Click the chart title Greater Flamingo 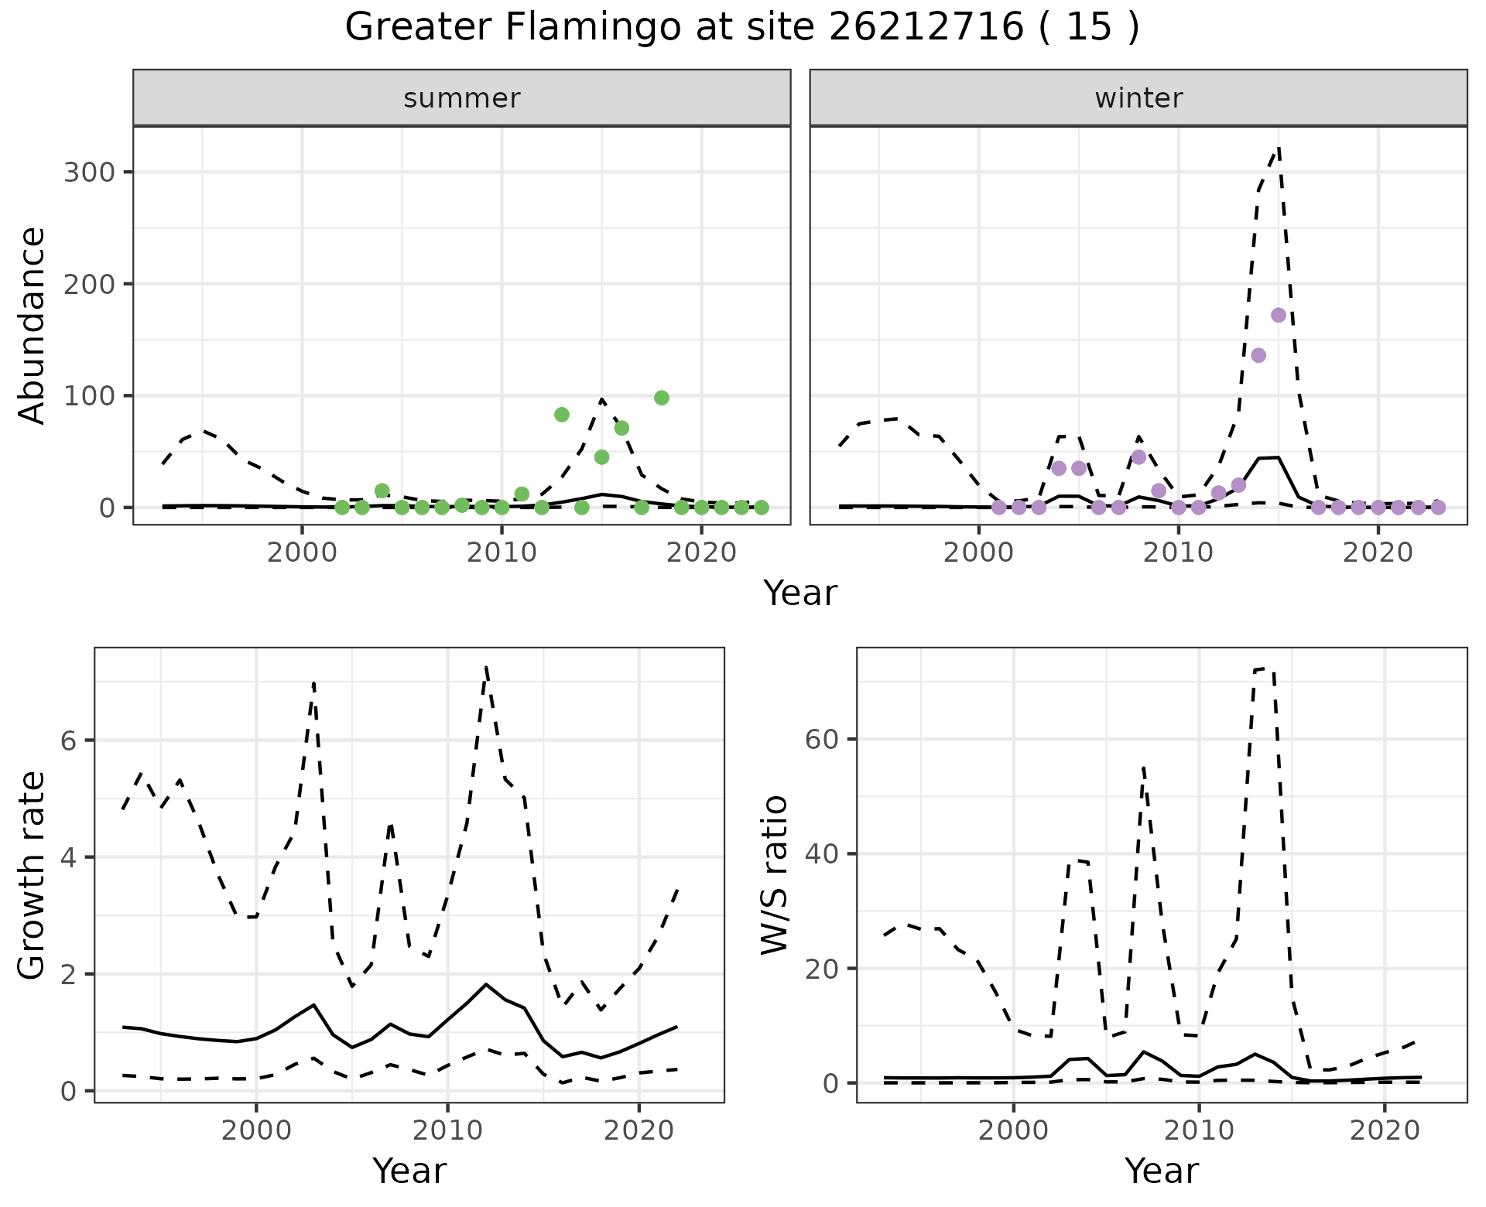point(741,28)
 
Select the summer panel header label point(462,98)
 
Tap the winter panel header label point(1138,98)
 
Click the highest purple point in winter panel point(1279,315)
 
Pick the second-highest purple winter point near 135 point(1258,355)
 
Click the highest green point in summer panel point(661,398)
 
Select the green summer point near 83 point(562,415)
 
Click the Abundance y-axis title point(33,325)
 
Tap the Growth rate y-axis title point(33,876)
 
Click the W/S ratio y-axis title point(774,874)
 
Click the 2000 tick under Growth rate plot point(256,1131)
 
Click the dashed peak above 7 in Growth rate point(485,667)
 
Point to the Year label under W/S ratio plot point(1161,1171)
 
